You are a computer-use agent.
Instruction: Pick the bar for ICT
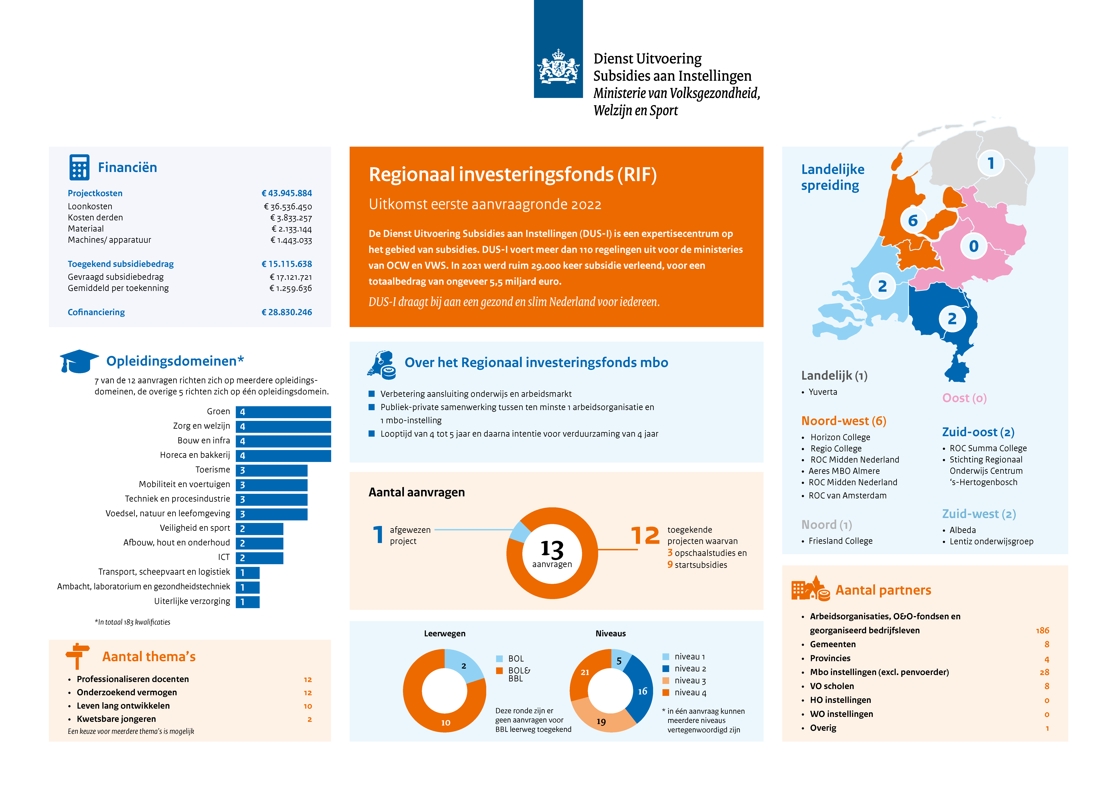[259, 558]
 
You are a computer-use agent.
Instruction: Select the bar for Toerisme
[271, 470]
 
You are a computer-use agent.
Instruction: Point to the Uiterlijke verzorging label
[192, 601]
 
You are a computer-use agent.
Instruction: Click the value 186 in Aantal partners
[1042, 630]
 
